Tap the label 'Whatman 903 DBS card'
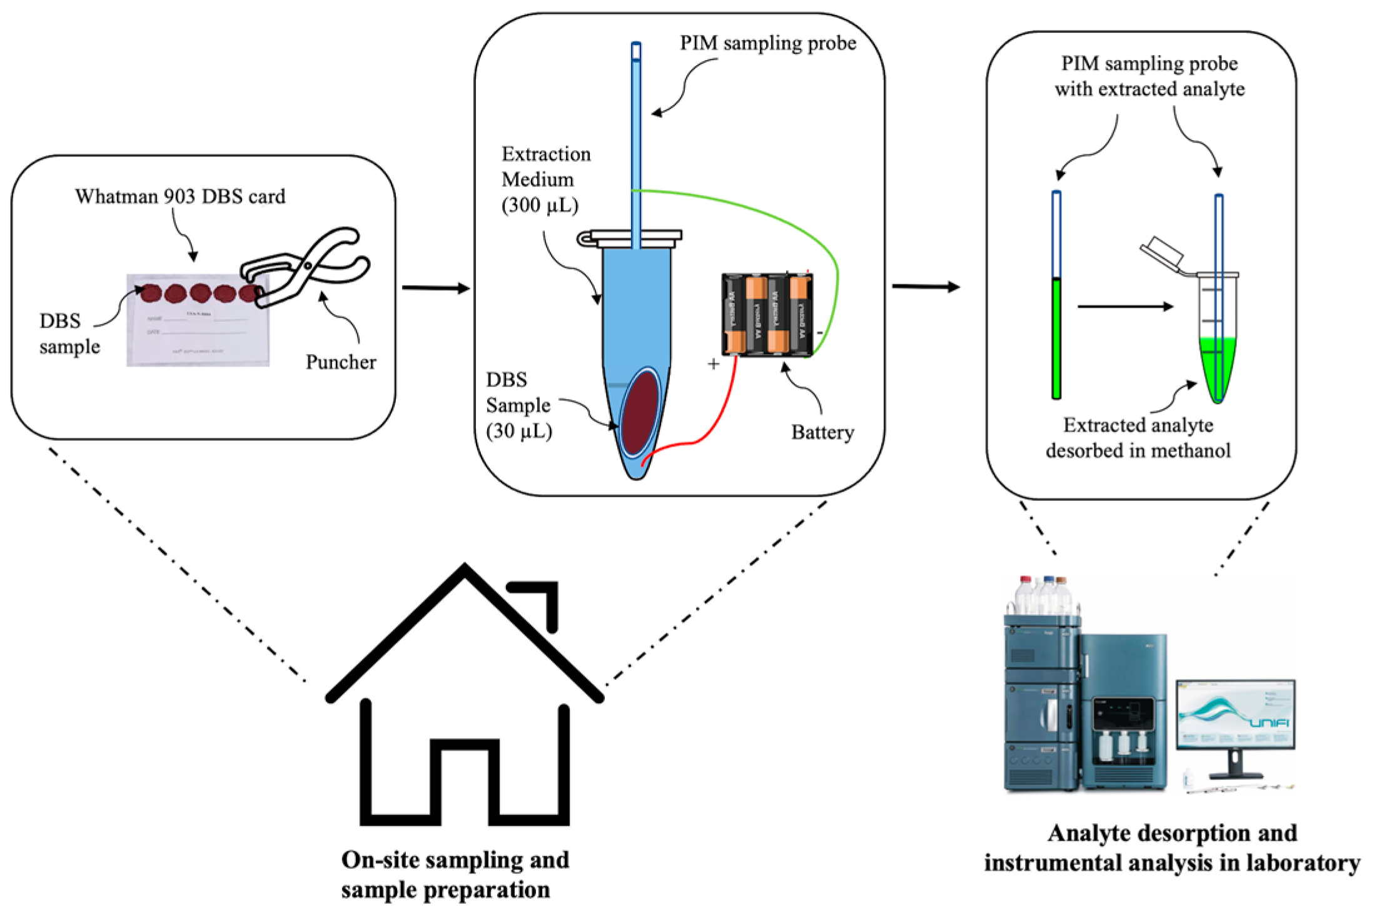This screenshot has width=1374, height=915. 180,196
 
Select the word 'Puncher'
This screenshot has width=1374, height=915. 341,362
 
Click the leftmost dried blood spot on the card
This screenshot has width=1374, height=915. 151,293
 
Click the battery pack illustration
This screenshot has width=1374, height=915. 767,315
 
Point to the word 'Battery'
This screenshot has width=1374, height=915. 822,432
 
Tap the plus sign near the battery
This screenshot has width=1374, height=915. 714,364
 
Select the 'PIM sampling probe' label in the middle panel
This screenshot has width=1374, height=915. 768,43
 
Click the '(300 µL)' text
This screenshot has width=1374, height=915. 540,205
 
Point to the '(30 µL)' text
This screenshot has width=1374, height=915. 519,431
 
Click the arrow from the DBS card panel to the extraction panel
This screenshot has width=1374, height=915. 435,288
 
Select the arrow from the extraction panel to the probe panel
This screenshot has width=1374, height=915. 926,286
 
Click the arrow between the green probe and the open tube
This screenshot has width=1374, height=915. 1124,306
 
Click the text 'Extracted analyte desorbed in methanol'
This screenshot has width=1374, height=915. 1138,438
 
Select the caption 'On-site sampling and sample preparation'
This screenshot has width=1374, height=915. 455,875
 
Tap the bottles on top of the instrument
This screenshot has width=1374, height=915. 1043,595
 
